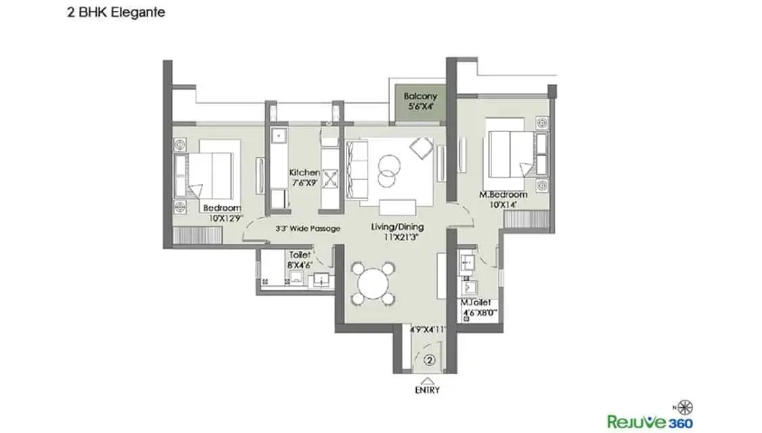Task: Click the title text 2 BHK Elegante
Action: pyautogui.click(x=116, y=12)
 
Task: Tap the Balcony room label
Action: pyautogui.click(x=421, y=96)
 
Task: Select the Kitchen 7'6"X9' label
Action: pyautogui.click(x=305, y=178)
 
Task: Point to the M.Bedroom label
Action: pyautogui.click(x=503, y=194)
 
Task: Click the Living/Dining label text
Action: pyautogui.click(x=397, y=227)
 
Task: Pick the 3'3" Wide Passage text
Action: pyautogui.click(x=308, y=228)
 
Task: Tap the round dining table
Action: pyautogui.click(x=373, y=284)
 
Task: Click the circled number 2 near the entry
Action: pyautogui.click(x=430, y=360)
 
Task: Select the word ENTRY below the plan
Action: pyautogui.click(x=427, y=390)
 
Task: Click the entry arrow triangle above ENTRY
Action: pyautogui.click(x=427, y=381)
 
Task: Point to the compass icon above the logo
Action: pyautogui.click(x=686, y=407)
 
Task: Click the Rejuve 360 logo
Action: pyautogui.click(x=650, y=421)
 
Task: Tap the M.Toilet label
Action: pyautogui.click(x=476, y=303)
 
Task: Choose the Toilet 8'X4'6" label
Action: pyautogui.click(x=299, y=260)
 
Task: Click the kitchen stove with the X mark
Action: pyautogui.click(x=330, y=178)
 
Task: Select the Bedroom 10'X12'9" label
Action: pyautogui.click(x=223, y=213)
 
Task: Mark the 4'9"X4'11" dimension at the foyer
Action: pyautogui.click(x=428, y=329)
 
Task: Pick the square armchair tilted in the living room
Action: pyautogui.click(x=422, y=148)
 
